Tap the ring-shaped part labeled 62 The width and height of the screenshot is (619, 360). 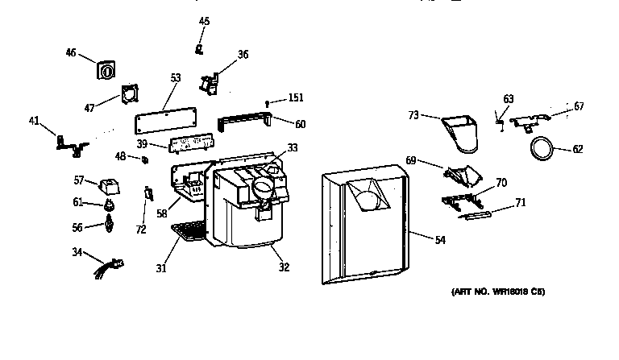click(x=544, y=147)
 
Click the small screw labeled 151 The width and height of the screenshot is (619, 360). click(x=266, y=101)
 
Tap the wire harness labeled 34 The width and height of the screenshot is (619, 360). click(x=109, y=263)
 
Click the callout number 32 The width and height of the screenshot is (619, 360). click(x=284, y=267)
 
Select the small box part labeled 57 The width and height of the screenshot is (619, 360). click(x=108, y=186)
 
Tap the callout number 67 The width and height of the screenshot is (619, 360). click(x=579, y=106)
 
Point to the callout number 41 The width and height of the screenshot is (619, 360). click(x=33, y=121)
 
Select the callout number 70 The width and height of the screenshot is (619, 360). click(x=501, y=183)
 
